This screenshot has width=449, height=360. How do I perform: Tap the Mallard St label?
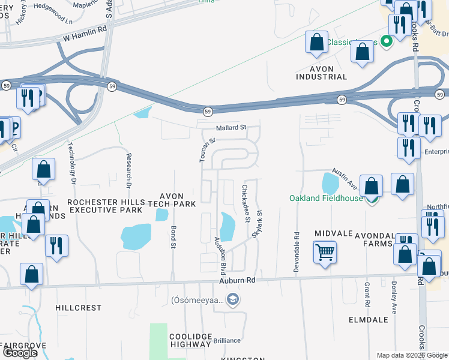232,128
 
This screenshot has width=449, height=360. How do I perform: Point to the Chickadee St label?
246,203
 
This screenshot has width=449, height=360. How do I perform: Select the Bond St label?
173,237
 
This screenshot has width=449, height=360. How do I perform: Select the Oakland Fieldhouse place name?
325,199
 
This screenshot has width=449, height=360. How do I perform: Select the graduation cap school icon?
233,300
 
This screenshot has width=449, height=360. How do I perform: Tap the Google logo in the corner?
20,353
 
